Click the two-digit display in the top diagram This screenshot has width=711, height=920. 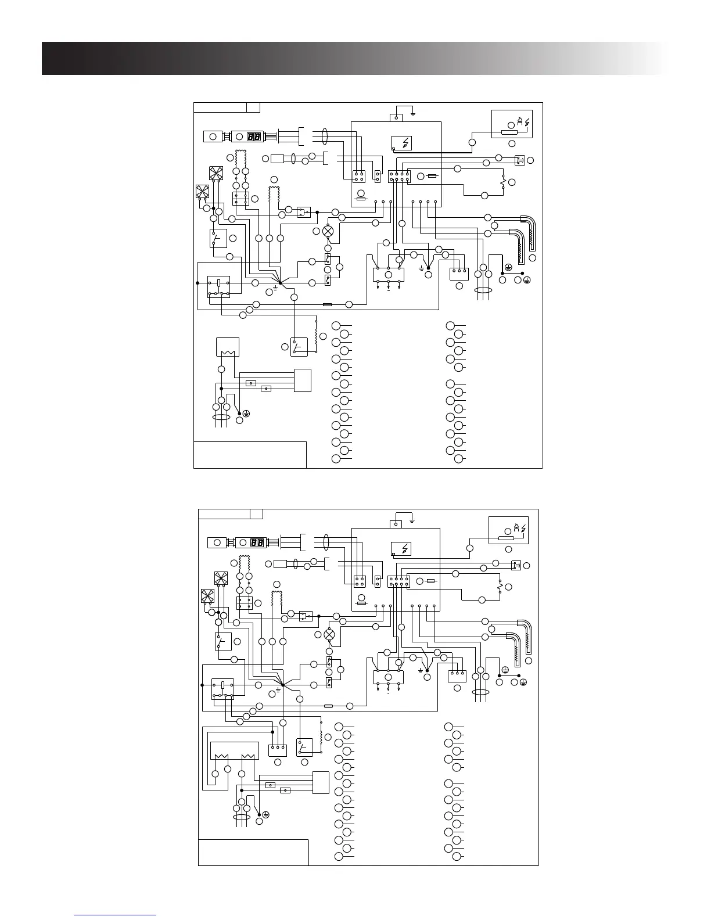pos(254,136)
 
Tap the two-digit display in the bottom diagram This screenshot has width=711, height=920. pos(257,543)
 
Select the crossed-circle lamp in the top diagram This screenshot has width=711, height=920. pos(328,231)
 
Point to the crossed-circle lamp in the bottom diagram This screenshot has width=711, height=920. pos(329,635)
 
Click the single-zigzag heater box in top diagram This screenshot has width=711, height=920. pos(224,347)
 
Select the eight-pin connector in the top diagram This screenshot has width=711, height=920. pos(399,176)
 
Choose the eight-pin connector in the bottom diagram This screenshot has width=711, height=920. pos(398,582)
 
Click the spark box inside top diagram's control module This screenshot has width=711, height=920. pos(402,142)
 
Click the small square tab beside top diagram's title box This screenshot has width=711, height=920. pos(253,107)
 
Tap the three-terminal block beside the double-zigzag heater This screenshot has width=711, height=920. pos(278,750)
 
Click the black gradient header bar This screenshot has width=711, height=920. pos(349,58)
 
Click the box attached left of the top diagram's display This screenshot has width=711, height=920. pos(213,136)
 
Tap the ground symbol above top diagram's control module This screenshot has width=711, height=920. pos(413,113)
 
